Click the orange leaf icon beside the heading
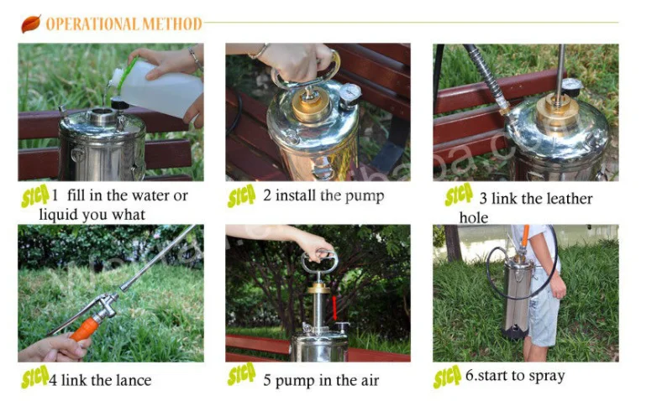coord(31,23)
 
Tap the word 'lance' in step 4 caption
coord(133,380)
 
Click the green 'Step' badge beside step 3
coord(459,196)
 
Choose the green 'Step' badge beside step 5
coord(242,377)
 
